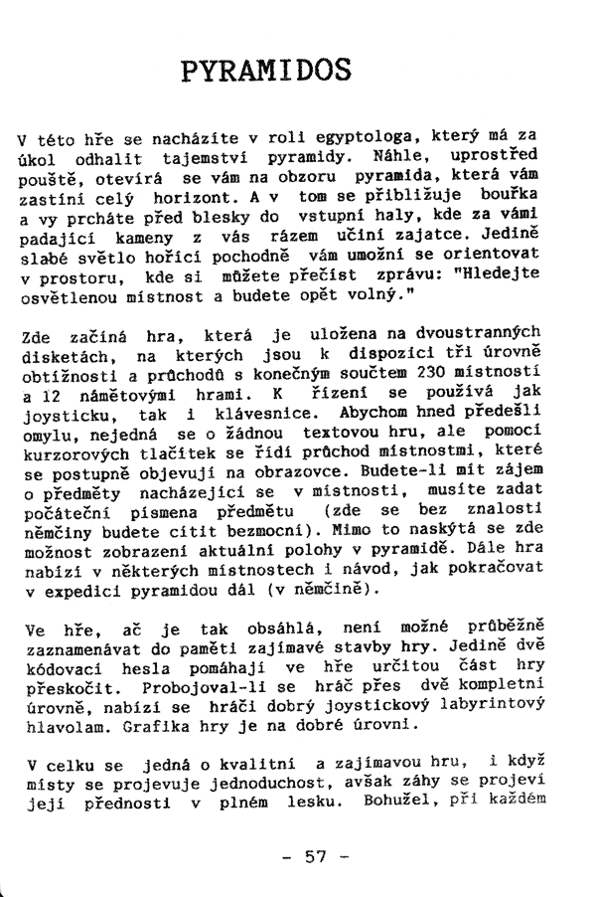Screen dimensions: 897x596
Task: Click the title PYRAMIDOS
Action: point(267,71)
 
